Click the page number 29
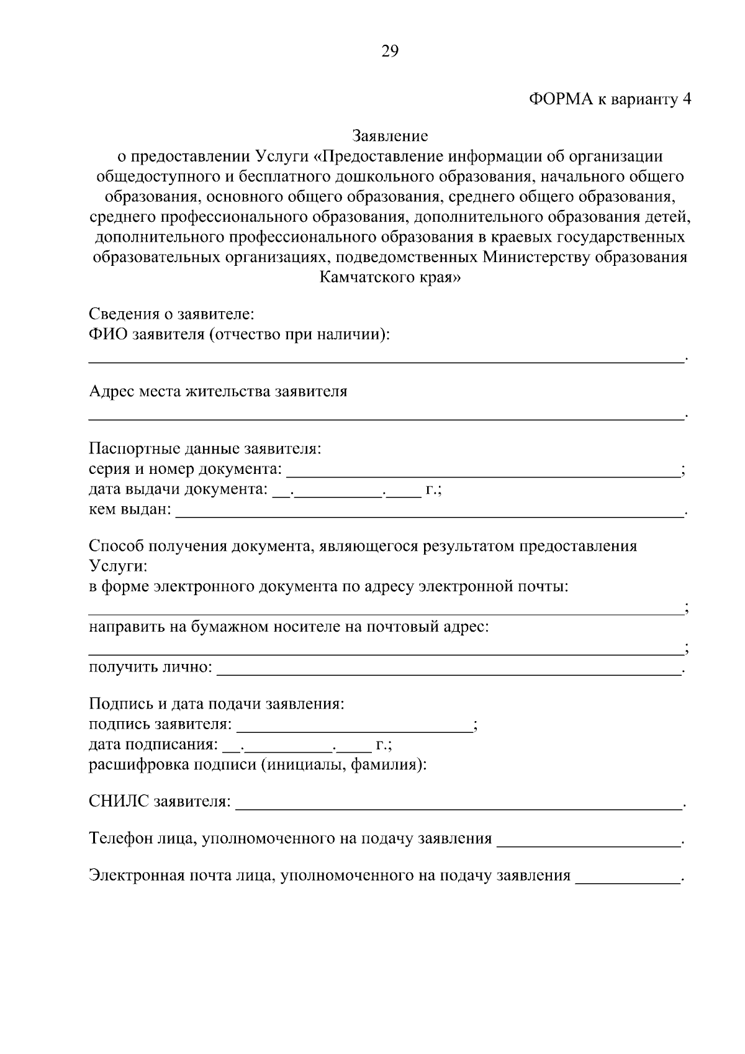tap(389, 51)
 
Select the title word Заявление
tap(390, 135)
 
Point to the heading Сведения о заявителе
tap(172, 313)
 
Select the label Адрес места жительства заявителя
tap(218, 391)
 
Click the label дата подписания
tap(153, 745)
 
